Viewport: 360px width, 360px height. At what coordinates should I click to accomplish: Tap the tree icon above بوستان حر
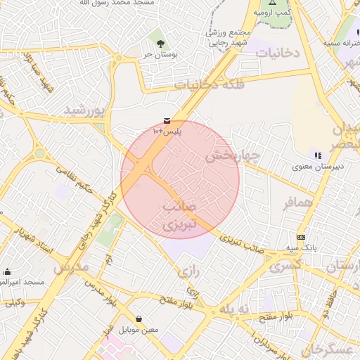[x=162, y=44]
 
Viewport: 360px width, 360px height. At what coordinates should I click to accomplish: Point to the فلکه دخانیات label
[x=209, y=84]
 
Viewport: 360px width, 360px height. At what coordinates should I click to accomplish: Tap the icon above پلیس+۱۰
[x=167, y=121]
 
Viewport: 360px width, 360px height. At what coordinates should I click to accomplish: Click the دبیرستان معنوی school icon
[x=318, y=155]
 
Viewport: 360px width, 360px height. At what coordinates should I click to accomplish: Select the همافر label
[x=297, y=203]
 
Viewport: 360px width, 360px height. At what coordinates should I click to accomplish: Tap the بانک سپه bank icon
[x=302, y=238]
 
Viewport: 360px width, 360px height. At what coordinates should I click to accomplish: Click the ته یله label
[x=234, y=310]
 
